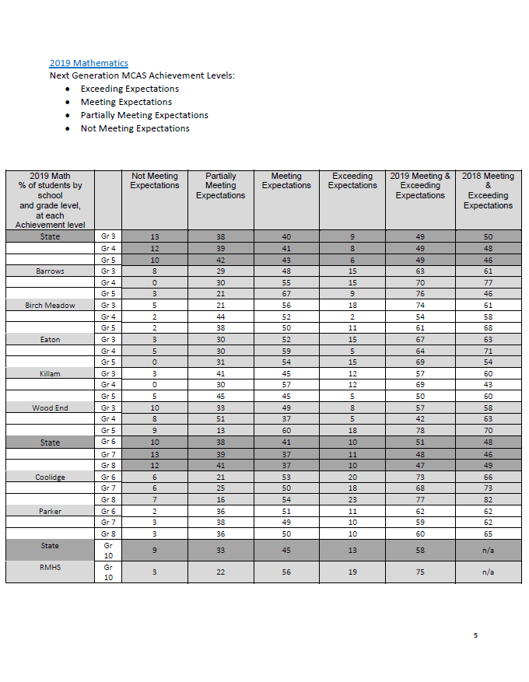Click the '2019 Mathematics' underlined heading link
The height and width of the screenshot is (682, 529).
89,63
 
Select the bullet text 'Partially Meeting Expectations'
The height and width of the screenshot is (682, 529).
144,115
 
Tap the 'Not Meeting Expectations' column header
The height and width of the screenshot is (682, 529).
154,181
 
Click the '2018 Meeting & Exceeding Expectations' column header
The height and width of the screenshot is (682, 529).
488,191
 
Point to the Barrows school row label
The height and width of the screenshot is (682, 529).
50,271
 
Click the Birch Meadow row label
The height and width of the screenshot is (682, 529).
50,306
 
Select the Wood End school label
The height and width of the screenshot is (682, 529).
50,408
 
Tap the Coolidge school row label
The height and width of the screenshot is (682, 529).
50,477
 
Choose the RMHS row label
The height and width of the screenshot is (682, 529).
50,568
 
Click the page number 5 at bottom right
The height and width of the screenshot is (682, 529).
475,635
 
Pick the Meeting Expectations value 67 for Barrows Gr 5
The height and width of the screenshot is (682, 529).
286,294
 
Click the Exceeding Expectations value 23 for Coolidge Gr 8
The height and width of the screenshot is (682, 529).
352,500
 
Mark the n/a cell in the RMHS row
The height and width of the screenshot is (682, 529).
488,572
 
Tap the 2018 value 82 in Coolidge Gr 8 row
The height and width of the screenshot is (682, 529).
488,500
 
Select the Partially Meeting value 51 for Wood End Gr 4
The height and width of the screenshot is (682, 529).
220,419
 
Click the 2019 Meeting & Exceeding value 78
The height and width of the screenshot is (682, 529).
420,431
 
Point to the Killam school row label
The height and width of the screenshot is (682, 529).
50,374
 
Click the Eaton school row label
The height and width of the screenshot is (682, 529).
50,340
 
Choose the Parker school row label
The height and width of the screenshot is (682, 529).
50,511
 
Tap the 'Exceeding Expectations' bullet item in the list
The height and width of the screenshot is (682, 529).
129,89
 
